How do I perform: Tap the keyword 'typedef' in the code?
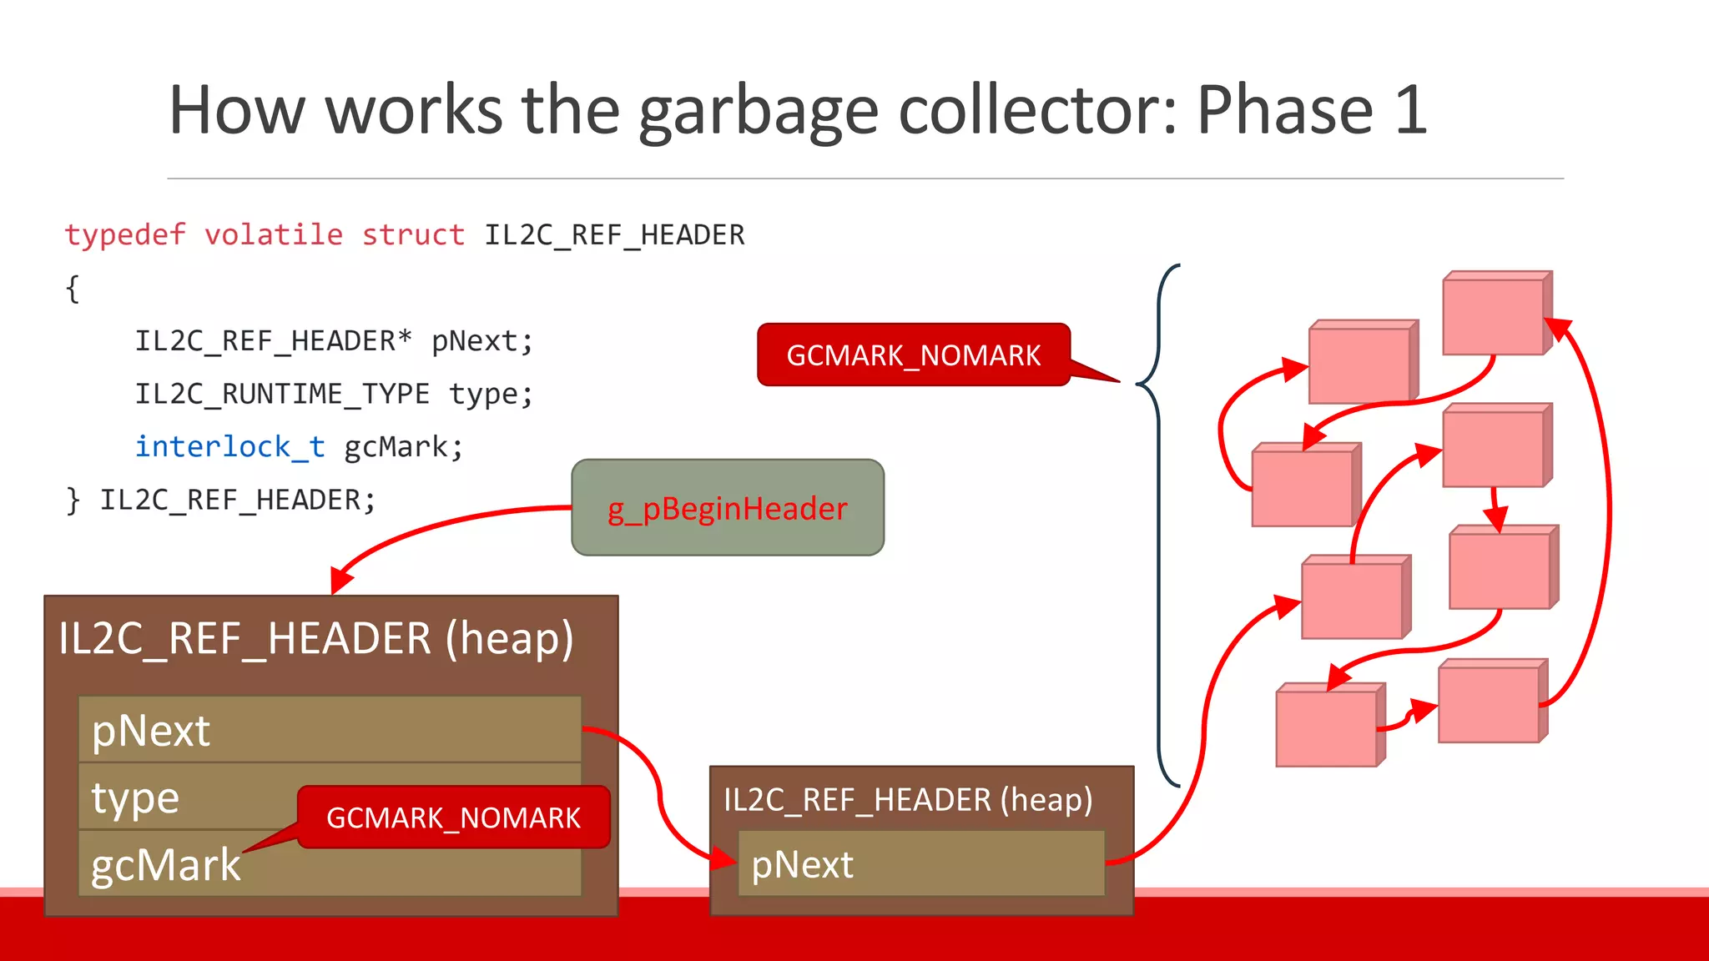[x=125, y=235]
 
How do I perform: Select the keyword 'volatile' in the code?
[x=274, y=235]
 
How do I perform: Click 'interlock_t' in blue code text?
[x=229, y=447]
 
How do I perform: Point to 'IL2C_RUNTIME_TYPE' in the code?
[x=282, y=394]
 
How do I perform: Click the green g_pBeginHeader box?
[x=727, y=507]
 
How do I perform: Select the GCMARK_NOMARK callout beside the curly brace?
[x=913, y=355]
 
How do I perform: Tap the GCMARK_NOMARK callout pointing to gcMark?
[x=453, y=818]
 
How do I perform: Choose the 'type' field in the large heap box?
[x=135, y=798]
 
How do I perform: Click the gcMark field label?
[x=165, y=865]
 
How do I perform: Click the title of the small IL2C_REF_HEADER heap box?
[x=908, y=799]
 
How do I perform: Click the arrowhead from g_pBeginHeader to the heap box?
[x=340, y=580]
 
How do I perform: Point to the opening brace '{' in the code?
[x=73, y=289]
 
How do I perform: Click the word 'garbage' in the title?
[x=758, y=111]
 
